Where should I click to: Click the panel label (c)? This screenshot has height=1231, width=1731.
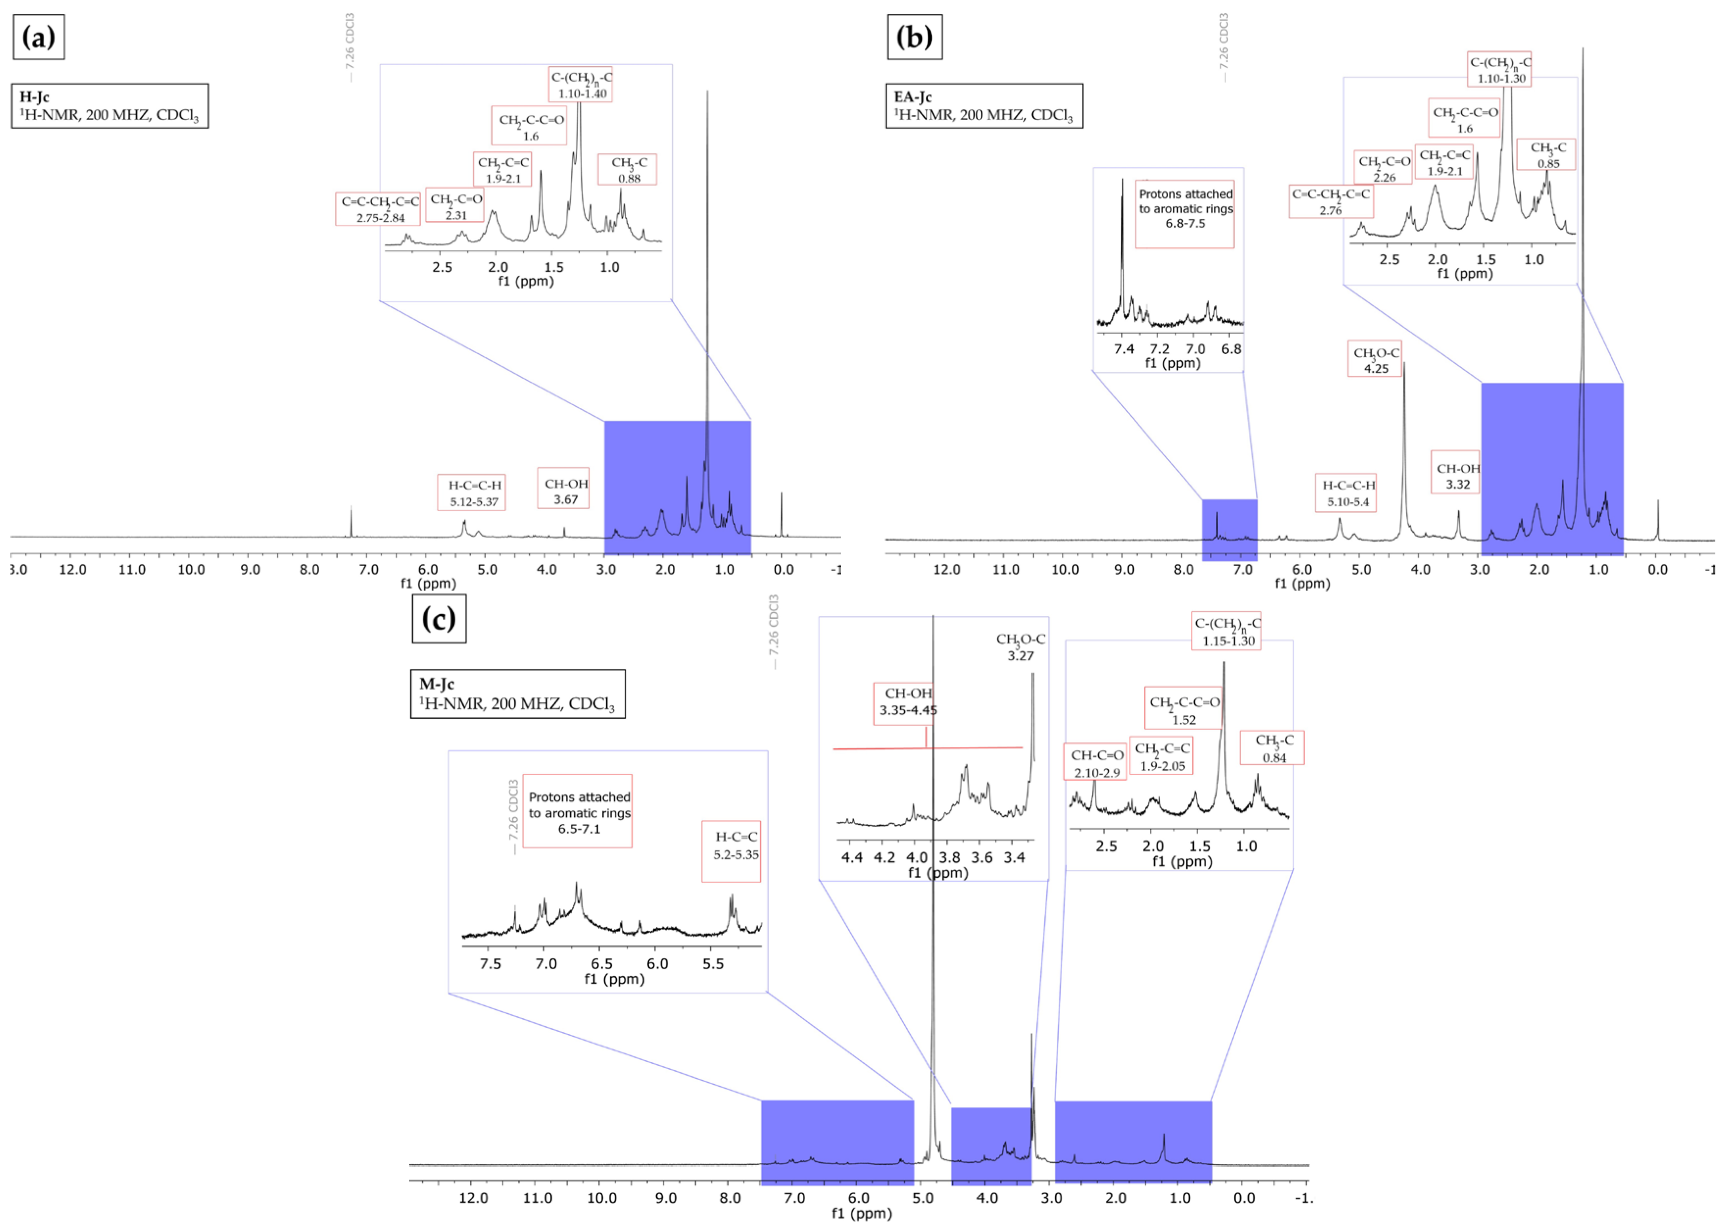438,619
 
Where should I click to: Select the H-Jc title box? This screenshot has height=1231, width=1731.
110,106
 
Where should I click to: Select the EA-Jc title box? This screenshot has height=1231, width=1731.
984,106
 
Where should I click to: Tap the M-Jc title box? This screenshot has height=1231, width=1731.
517,694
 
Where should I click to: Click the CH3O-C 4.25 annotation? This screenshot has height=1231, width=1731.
1375,360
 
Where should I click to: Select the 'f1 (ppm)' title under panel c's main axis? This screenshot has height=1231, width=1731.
862,1213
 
